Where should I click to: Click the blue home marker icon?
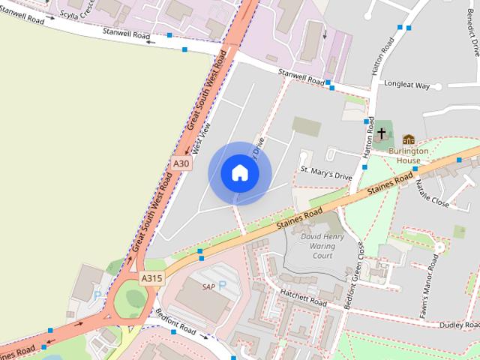(239, 173)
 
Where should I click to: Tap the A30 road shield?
(181, 163)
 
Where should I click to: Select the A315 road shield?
(151, 278)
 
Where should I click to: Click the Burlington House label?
(409, 155)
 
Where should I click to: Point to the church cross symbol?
(382, 134)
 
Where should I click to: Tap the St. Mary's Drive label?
(325, 173)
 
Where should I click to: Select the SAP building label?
(208, 286)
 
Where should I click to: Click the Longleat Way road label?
(405, 85)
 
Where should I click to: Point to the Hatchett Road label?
(303, 298)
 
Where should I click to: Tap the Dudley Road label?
(459, 325)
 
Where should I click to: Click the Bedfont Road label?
(175, 322)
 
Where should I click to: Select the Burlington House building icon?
(409, 139)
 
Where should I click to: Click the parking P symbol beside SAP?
(222, 286)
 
